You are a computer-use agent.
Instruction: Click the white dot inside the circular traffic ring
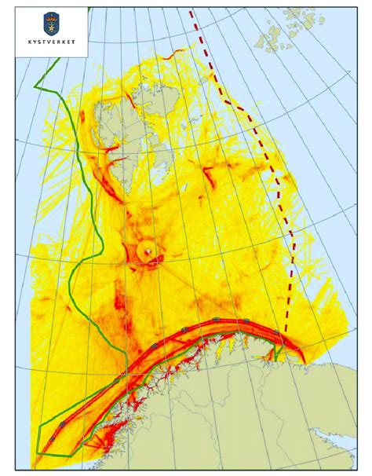click(x=148, y=252)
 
